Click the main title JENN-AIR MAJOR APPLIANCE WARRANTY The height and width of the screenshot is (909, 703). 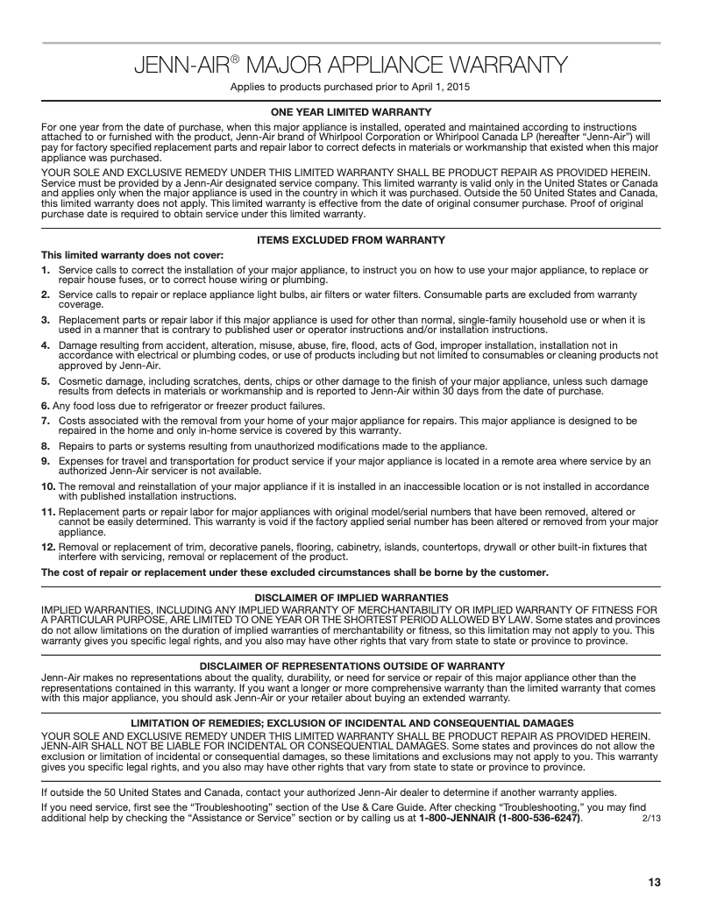pos(351,65)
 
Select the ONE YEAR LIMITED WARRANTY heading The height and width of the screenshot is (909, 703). pos(351,111)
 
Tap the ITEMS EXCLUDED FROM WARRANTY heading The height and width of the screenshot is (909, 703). pos(351,240)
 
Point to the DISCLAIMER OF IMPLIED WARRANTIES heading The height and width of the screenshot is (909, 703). pos(351,597)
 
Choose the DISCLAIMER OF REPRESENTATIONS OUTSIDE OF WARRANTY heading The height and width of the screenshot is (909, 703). pos(351,666)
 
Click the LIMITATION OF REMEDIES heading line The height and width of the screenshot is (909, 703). pos(351,722)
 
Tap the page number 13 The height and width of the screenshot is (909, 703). pos(654,882)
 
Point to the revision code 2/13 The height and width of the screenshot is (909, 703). pos(650,819)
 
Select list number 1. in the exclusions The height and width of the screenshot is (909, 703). pos(47,270)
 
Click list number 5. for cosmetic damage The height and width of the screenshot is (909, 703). pos(47,382)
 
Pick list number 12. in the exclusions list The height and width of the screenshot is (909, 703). pos(49,547)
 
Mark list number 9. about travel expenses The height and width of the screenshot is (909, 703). pos(47,459)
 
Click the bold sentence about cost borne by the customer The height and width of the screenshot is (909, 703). pos(295,572)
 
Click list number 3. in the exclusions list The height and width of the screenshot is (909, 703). pos(47,321)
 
